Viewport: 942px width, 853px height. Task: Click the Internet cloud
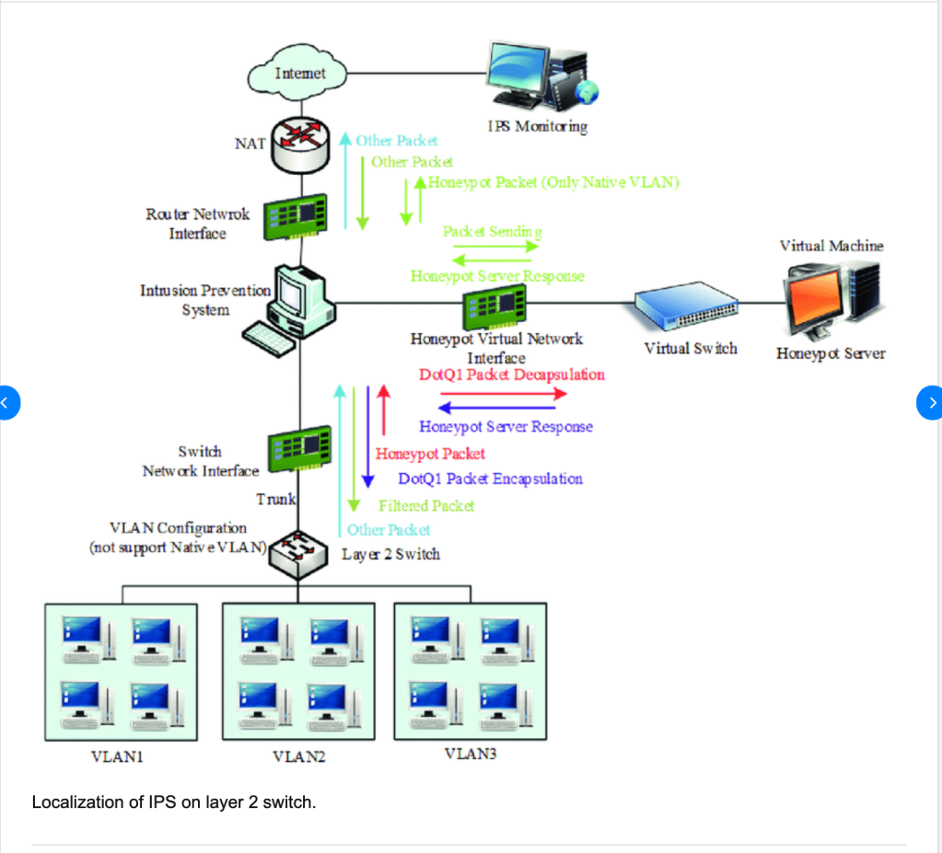pyautogui.click(x=299, y=73)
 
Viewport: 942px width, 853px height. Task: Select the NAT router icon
pyautogui.click(x=296, y=144)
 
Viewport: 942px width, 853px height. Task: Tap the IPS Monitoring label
pyautogui.click(x=537, y=126)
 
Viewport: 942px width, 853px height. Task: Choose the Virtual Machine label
pyautogui.click(x=831, y=246)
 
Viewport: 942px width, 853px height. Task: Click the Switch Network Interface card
pyautogui.click(x=298, y=449)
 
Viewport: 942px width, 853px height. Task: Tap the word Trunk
pyautogui.click(x=275, y=500)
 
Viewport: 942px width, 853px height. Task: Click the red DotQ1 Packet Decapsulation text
pyautogui.click(x=511, y=375)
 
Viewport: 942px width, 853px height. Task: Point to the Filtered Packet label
pyautogui.click(x=425, y=505)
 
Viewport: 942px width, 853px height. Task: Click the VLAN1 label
pyautogui.click(x=116, y=757)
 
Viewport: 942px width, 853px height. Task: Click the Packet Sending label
pyautogui.click(x=492, y=232)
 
